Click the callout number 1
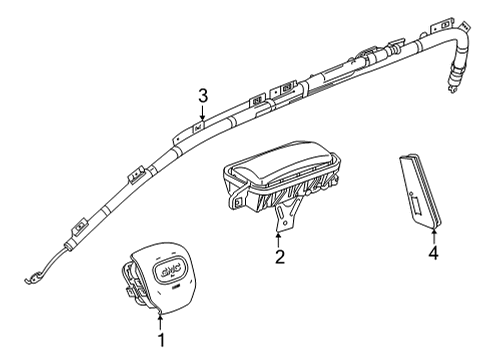(x=158, y=342)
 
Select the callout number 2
(x=279, y=258)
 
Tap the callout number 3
(x=202, y=96)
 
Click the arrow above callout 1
(x=158, y=322)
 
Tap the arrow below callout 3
(x=202, y=114)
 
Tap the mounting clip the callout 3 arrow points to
(x=199, y=126)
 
